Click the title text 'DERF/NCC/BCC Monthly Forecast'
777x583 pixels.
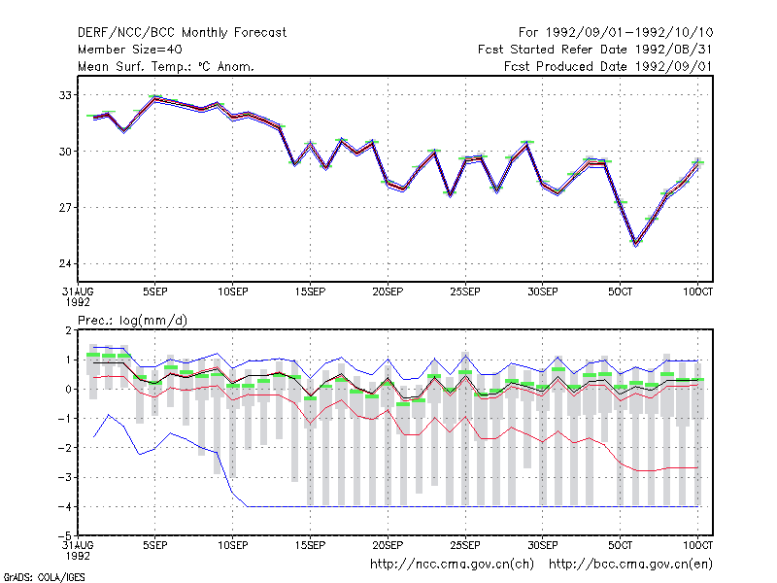(x=182, y=33)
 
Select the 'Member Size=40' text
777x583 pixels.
(x=130, y=50)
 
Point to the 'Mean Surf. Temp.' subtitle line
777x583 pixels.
(x=166, y=66)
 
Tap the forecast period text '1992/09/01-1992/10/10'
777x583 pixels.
(x=629, y=33)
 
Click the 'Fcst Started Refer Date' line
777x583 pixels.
(x=595, y=50)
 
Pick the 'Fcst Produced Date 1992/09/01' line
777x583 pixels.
(x=608, y=66)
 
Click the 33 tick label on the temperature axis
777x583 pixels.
(x=65, y=95)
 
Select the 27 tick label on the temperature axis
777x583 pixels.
(x=65, y=207)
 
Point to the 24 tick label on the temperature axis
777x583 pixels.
(x=65, y=263)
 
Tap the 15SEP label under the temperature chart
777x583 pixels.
(x=310, y=292)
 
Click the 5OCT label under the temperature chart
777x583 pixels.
(x=620, y=292)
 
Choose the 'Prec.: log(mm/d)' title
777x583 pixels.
(x=132, y=321)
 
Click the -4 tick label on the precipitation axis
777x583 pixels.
(x=64, y=506)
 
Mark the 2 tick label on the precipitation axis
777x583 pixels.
(x=68, y=330)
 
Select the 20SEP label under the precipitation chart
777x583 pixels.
(x=388, y=545)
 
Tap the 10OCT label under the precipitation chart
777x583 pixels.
(x=697, y=545)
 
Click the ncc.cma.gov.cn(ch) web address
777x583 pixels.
(x=452, y=565)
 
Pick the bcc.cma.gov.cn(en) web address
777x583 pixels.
(x=630, y=565)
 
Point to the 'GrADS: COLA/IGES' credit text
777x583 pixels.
(x=45, y=577)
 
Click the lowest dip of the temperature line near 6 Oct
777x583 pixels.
(x=636, y=244)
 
